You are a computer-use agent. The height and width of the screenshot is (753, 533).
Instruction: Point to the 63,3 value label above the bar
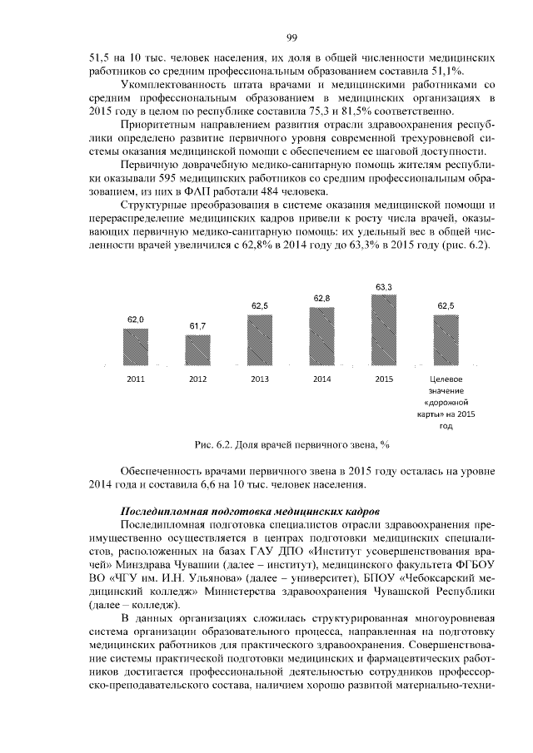383,287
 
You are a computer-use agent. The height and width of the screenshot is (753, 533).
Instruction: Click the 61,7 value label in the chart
197,325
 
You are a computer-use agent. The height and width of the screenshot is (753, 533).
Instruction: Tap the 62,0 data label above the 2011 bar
136,319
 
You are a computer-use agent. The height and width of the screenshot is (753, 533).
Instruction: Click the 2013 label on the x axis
259,379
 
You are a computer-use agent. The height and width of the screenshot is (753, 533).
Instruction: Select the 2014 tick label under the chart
321,379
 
